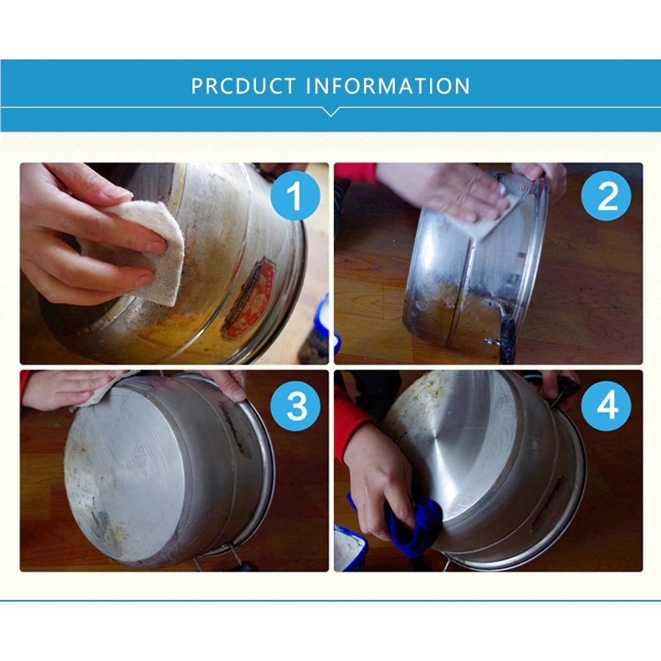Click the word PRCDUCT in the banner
pos(243,86)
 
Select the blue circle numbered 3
pos(297,406)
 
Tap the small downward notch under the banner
pos(330,110)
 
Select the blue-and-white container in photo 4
pos(350,548)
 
